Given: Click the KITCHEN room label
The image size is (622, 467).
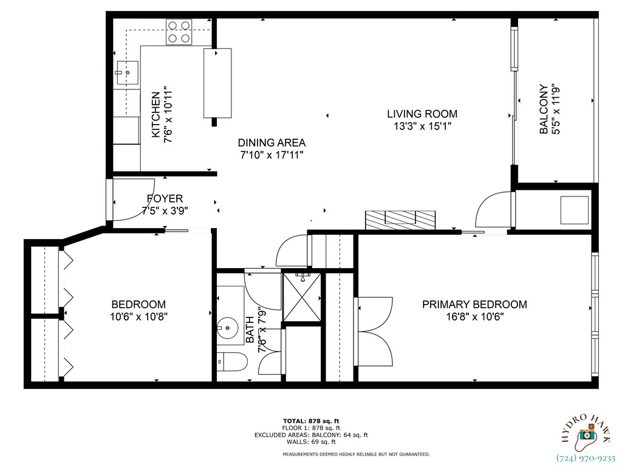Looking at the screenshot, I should click(x=155, y=114).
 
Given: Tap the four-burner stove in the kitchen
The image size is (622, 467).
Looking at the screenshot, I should click(x=179, y=32).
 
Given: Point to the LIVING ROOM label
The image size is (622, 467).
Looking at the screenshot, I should click(x=422, y=114).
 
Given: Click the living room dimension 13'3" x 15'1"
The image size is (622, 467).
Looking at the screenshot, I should click(x=422, y=126).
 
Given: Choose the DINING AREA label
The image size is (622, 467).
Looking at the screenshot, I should click(x=271, y=143).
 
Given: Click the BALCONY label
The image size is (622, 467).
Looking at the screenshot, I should click(x=544, y=109).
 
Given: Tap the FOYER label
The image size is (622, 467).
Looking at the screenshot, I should click(x=165, y=198).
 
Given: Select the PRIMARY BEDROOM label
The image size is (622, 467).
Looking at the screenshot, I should click(x=474, y=305).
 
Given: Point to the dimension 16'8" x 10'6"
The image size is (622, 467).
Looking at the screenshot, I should click(x=474, y=317).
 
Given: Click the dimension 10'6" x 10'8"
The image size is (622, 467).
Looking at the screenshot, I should click(x=138, y=317).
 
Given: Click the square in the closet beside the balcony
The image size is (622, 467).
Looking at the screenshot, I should click(x=574, y=210).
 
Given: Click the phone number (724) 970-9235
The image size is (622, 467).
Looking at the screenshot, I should click(x=586, y=458).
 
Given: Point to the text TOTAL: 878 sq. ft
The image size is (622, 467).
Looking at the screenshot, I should click(x=311, y=421).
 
